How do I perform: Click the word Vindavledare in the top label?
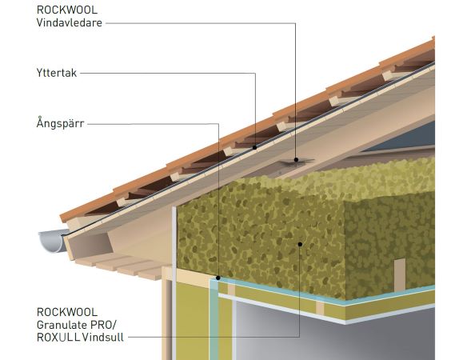tap(69, 23)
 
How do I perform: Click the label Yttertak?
tap(57, 73)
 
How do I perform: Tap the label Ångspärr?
tap(60, 123)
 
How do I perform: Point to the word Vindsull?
tap(102, 337)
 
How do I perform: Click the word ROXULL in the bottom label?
tap(58, 337)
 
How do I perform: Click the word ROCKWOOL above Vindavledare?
tap(67, 10)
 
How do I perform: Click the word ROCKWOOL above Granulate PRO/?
tap(67, 312)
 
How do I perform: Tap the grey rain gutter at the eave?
tap(52, 241)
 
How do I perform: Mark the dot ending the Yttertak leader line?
tap(255, 147)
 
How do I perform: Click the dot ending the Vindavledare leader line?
tap(296, 160)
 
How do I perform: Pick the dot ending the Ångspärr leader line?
tap(218, 278)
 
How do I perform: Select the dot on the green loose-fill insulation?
tap(300, 244)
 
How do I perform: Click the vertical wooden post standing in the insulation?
tap(400, 275)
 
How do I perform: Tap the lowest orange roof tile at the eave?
tap(87, 207)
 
